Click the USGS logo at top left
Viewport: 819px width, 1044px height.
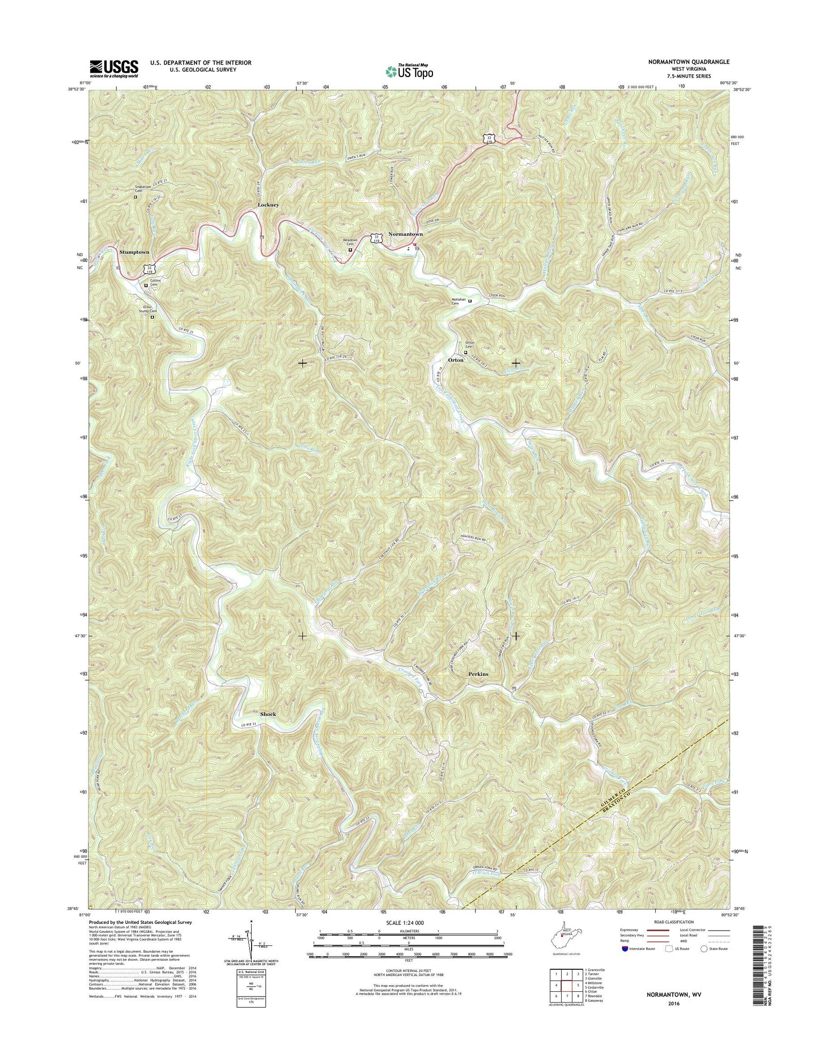coord(113,69)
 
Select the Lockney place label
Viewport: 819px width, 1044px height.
coord(268,205)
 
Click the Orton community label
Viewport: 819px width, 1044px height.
coord(456,360)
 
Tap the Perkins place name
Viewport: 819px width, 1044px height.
coord(478,674)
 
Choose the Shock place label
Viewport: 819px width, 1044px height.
coord(268,714)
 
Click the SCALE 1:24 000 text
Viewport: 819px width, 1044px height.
coord(405,923)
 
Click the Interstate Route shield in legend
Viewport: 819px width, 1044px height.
coord(625,948)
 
